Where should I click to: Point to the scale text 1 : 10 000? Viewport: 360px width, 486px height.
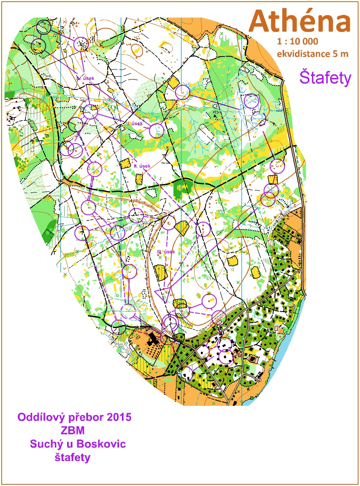pyautogui.click(x=297, y=42)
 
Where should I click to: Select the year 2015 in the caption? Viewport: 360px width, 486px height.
pyautogui.click(x=118, y=418)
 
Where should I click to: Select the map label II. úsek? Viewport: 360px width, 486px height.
pyautogui.click(x=142, y=166)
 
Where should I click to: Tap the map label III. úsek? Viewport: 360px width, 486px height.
pyautogui.click(x=166, y=252)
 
